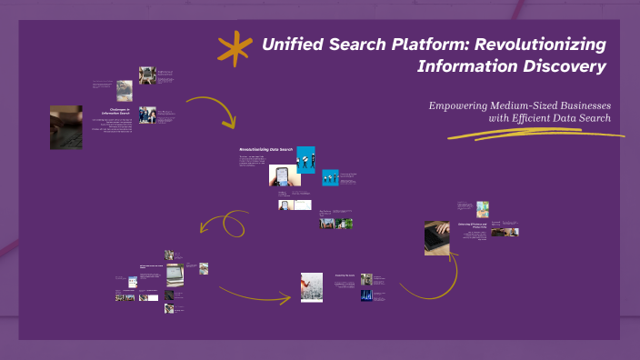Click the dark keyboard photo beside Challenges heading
(66, 127)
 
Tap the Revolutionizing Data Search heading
(265, 148)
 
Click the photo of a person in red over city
(312, 286)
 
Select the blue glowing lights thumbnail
(366, 295)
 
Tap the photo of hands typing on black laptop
(436, 238)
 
